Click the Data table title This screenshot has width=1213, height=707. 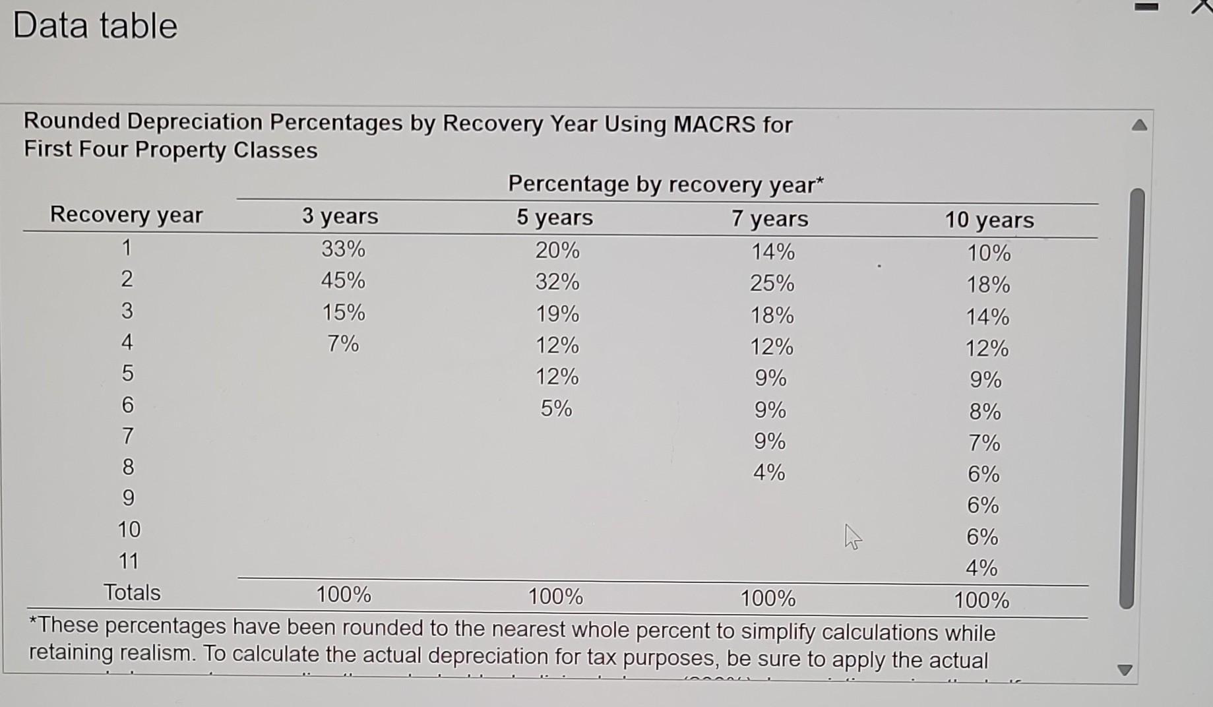(95, 26)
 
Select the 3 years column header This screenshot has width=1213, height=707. (340, 216)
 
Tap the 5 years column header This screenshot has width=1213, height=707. (555, 218)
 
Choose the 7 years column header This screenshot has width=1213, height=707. (770, 218)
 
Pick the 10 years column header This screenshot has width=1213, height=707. (989, 220)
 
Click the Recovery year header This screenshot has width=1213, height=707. (127, 215)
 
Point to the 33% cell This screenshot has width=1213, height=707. (343, 249)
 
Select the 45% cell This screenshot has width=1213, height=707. (343, 280)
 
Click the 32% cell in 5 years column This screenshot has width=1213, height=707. (557, 282)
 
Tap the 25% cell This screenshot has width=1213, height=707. (772, 284)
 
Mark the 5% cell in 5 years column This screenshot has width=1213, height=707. (557, 409)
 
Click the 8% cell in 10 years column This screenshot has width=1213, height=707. (985, 412)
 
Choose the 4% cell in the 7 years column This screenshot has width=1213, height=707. (769, 472)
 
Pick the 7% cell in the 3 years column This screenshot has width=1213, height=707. (343, 344)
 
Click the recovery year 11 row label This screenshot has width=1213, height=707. (129, 561)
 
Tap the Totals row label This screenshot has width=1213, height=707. (132, 592)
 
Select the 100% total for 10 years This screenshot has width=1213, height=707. (981, 600)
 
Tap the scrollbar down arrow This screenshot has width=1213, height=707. (1125, 670)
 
